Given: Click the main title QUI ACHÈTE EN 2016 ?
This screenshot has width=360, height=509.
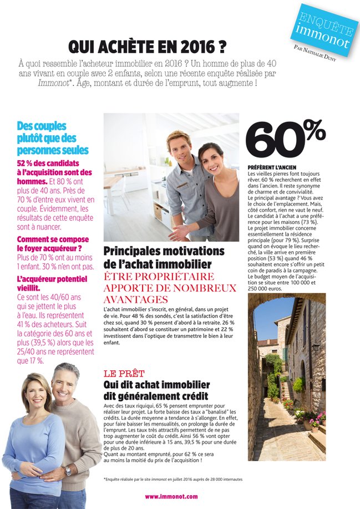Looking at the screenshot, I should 147,46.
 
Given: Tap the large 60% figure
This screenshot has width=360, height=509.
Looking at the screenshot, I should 285,138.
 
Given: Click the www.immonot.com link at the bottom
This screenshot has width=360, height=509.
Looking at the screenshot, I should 171,496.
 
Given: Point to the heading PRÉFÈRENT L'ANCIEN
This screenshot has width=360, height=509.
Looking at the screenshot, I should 272,167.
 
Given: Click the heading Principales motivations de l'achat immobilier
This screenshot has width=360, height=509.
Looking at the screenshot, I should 164,257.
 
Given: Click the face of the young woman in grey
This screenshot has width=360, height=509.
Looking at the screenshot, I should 210,160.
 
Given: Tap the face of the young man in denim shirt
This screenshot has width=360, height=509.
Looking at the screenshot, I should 179,147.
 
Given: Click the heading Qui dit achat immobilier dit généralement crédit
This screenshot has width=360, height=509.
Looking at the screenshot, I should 156,390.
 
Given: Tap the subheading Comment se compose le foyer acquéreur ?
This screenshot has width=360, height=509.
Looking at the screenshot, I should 52,244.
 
